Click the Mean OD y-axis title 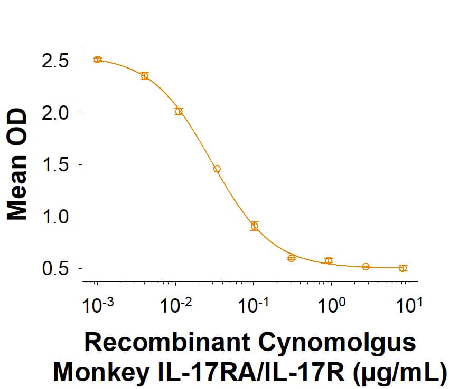coord(17,165)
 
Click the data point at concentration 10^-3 coord(98,60)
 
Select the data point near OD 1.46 coord(217,169)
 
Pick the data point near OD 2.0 coord(179,111)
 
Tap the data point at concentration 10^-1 coord(255,226)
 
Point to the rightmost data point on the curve coord(403,268)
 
